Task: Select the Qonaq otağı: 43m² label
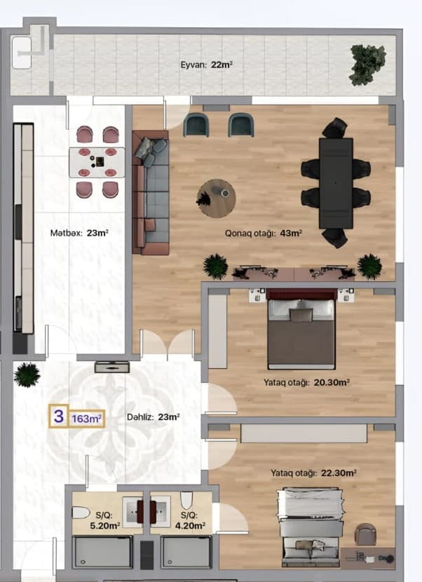point(263,233)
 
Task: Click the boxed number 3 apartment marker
point(59,417)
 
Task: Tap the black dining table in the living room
point(336,182)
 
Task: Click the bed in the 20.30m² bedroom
point(301,332)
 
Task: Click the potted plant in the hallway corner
point(27,374)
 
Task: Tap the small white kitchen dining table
point(97,162)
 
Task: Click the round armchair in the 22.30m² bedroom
point(365,534)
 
